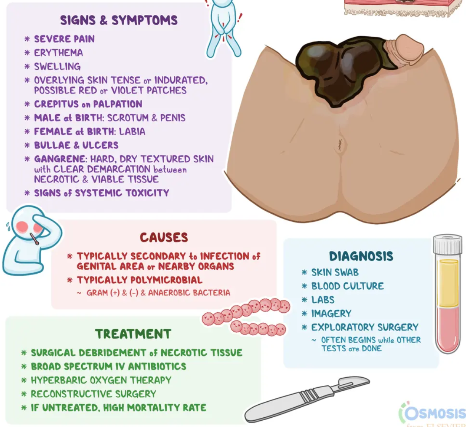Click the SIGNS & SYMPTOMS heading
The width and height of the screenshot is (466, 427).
coord(118,20)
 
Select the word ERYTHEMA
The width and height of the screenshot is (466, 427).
coord(59,53)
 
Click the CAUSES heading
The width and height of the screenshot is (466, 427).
coord(164,237)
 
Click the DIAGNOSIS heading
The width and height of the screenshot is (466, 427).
coord(361,256)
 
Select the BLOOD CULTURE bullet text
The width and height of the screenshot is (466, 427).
coord(347,286)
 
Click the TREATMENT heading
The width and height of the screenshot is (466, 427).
coord(133,334)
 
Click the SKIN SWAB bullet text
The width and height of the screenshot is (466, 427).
coord(335,272)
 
